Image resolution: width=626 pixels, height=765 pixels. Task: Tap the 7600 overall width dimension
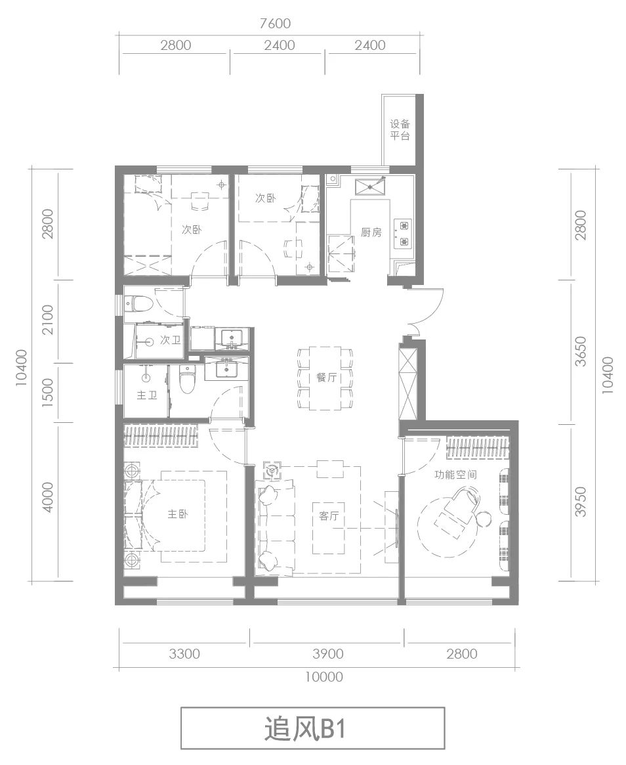[x=274, y=24]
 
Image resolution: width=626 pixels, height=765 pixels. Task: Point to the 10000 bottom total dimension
[x=324, y=677]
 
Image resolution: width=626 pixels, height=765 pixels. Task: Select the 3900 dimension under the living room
[x=328, y=653]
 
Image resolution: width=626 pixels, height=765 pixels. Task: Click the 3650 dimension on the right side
[x=581, y=351]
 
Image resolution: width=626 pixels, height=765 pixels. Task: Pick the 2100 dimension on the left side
[x=48, y=320]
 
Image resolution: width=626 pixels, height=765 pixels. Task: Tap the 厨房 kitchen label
[x=371, y=232]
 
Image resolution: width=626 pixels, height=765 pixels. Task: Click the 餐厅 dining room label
[x=326, y=377]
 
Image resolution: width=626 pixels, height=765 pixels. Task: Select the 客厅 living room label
[x=329, y=515]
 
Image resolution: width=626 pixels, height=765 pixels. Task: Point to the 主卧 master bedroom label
[x=178, y=514]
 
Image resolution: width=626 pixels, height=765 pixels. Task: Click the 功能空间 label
[x=455, y=474]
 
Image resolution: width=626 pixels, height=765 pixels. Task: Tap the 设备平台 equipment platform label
[x=400, y=130]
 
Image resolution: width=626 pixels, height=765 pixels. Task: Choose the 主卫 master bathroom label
[x=146, y=395]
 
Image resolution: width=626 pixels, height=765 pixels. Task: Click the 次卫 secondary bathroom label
[x=171, y=340]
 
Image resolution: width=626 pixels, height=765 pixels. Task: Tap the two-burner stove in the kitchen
[x=404, y=234]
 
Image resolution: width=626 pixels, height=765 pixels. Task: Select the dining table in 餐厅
[x=326, y=378]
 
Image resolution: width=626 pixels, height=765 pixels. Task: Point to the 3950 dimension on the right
[x=581, y=502]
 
